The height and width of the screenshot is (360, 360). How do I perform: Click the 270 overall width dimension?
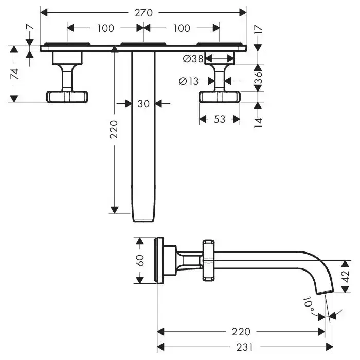[143, 12]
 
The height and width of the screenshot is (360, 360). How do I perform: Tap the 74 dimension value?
[15, 73]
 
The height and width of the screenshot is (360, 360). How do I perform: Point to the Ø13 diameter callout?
[189, 80]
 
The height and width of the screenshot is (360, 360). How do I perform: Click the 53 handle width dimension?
[220, 119]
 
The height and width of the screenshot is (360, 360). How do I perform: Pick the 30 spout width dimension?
[143, 103]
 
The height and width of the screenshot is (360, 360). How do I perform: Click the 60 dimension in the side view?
[139, 260]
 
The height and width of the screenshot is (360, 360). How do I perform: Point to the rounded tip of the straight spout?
[143, 220]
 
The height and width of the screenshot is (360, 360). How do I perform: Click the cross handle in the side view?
[208, 260]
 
